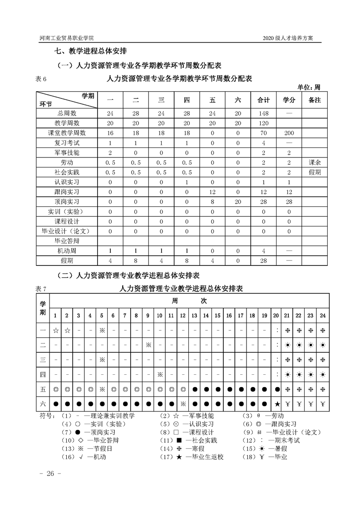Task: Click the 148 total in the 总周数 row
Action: [263, 113]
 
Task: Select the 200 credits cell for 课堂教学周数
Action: [289, 133]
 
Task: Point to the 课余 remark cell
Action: [314, 162]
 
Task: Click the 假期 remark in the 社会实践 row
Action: [314, 172]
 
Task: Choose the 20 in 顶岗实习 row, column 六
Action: [238, 201]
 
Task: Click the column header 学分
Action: [289, 100]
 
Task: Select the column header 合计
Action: [263, 100]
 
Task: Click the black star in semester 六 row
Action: [276, 404]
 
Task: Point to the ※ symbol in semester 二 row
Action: [148, 345]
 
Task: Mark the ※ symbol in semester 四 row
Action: [160, 374]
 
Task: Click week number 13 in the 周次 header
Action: [195, 315]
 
